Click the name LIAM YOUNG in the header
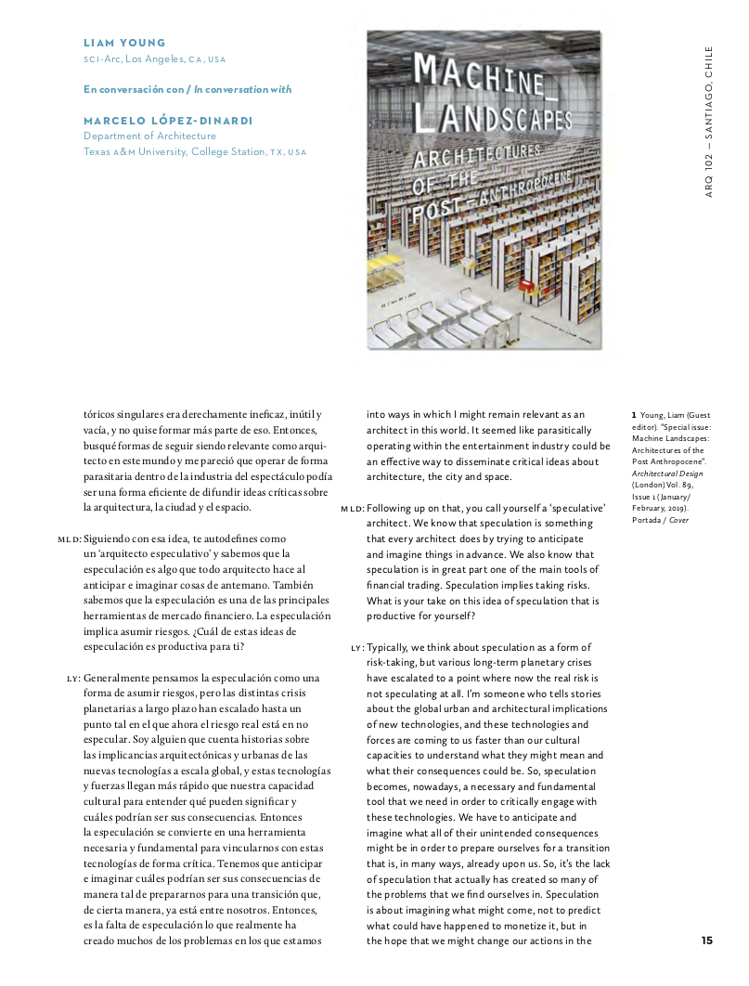point(124,43)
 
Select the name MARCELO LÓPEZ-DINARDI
point(168,121)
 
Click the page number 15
point(707,940)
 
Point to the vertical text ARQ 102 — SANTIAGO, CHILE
point(709,121)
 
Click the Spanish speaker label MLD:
point(70,539)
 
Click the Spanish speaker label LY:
point(74,678)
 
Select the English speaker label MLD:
point(353,510)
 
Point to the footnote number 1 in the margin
point(634,414)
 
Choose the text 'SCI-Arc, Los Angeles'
point(134,58)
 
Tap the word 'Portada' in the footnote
point(648,520)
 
